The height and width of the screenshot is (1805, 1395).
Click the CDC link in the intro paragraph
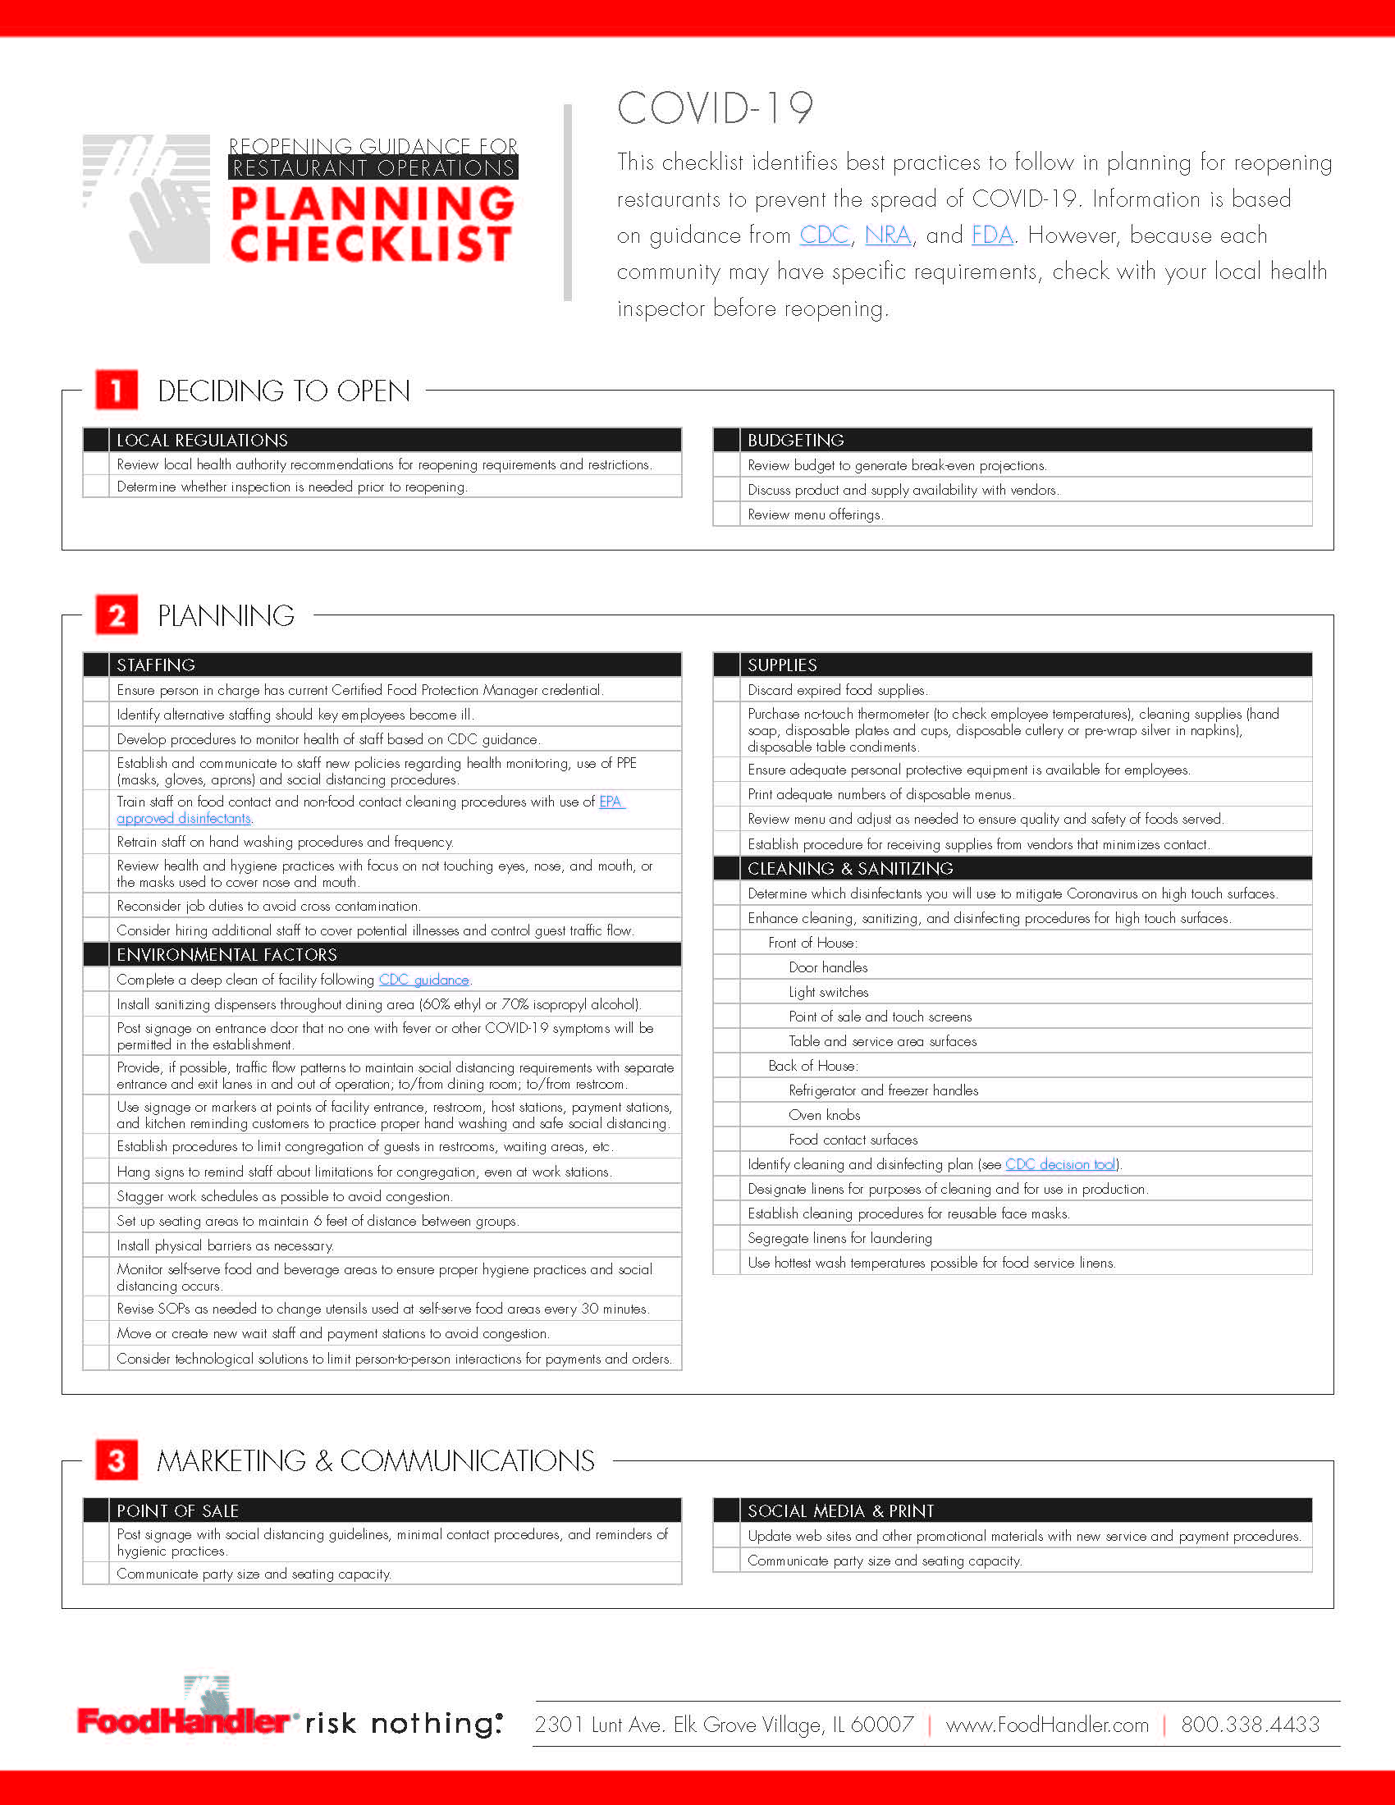point(824,235)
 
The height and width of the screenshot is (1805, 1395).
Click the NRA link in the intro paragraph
point(888,235)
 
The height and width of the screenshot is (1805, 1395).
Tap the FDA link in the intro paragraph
point(992,235)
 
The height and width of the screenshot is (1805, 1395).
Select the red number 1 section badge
point(117,390)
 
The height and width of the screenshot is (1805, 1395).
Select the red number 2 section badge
point(117,615)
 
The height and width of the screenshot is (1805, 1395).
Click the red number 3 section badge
point(117,1460)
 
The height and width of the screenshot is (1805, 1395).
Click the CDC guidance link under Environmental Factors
point(424,980)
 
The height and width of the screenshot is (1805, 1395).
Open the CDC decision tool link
point(1060,1163)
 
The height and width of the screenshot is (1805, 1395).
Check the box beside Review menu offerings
point(726,514)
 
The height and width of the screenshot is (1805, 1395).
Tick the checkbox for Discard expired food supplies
point(726,690)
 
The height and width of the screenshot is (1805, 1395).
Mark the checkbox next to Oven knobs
point(726,1115)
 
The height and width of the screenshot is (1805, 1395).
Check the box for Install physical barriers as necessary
point(96,1245)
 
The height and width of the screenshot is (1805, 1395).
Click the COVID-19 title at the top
point(715,108)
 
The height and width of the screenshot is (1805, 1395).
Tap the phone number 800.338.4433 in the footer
point(1250,1724)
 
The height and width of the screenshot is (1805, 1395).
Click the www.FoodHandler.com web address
point(1047,1724)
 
